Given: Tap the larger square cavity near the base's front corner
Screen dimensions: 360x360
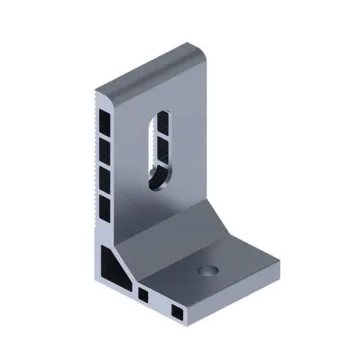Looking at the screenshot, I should tap(179, 313).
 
